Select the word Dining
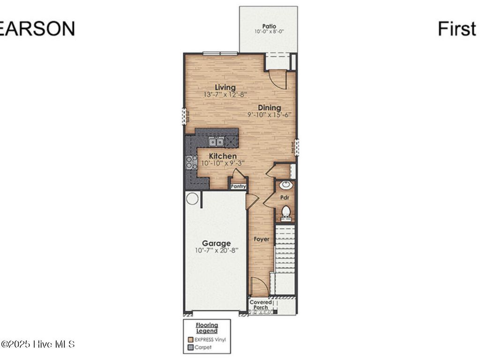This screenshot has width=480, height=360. tap(269, 108)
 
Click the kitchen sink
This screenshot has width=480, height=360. tap(216, 142)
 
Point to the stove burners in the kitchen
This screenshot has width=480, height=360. tap(192, 162)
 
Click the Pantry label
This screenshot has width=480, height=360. tap(238, 187)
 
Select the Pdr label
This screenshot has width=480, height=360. tap(284, 198)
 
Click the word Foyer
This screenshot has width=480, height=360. tap(262, 239)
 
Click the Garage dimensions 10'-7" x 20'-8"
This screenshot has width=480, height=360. tap(216, 250)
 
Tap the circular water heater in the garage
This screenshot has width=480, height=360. tap(192, 198)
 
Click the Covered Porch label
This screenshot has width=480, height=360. tap(261, 305)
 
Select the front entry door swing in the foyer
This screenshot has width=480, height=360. tap(259, 286)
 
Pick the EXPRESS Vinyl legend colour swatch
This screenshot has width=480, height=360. tap(190, 340)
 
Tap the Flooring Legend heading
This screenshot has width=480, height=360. tap(206, 327)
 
